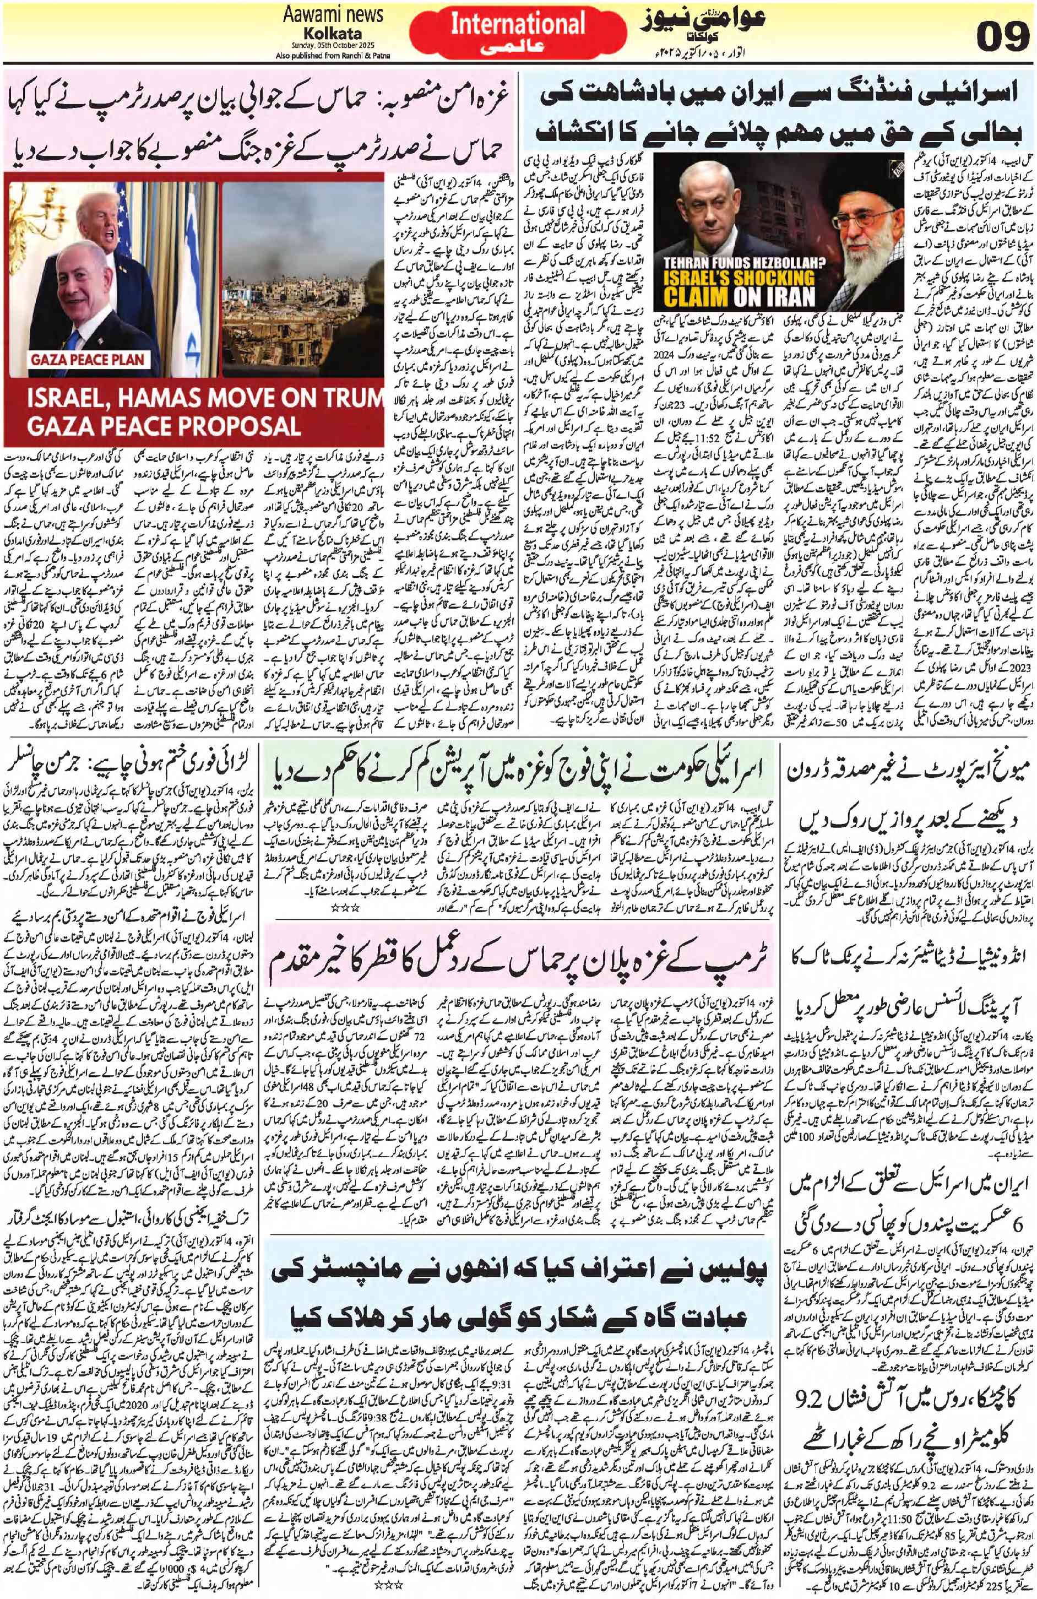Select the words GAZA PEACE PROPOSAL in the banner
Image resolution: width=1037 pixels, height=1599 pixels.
154,426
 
